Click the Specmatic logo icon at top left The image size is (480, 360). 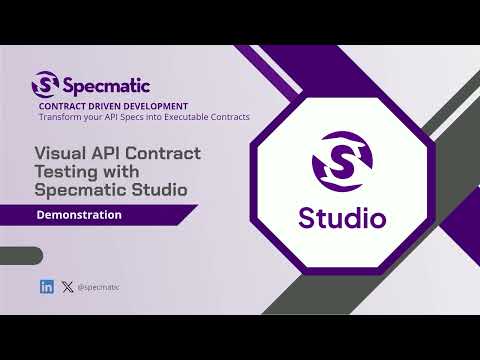45,83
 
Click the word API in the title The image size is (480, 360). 104,153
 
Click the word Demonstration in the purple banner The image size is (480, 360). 79,214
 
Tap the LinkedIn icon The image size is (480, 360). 47,287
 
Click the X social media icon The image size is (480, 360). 67,287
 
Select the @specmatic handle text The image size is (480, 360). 98,287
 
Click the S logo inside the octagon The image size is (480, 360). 341,162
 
